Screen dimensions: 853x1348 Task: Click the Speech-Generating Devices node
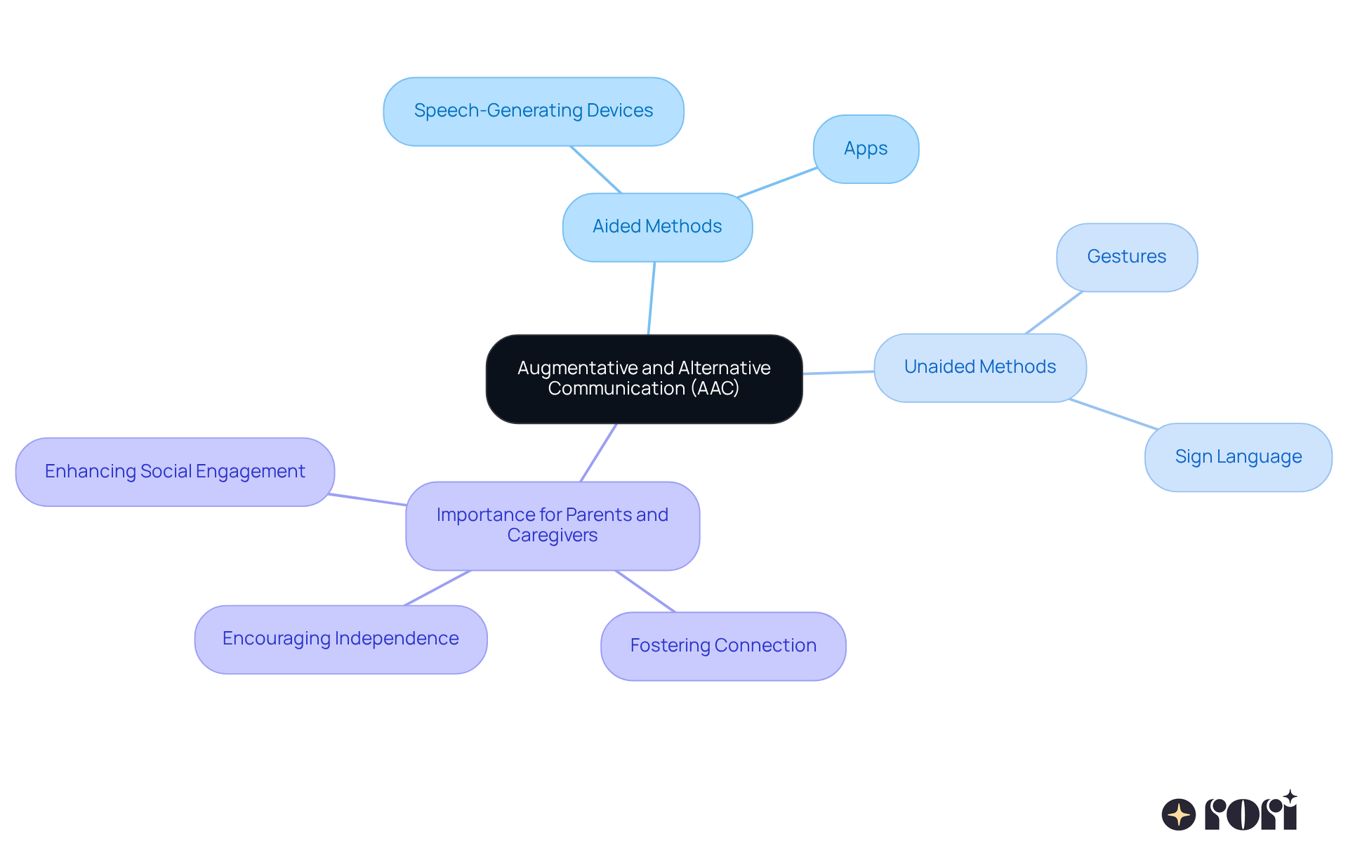[x=534, y=112]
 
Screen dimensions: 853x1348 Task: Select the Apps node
[x=866, y=149]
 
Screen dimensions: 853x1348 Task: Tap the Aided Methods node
[x=657, y=227]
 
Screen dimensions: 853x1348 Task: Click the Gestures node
[x=1126, y=257]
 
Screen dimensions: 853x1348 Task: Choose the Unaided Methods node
[x=979, y=367]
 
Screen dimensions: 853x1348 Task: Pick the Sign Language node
[x=1238, y=457]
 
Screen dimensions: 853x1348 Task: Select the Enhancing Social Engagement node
[x=175, y=472]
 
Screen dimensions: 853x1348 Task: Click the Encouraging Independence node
[x=341, y=639]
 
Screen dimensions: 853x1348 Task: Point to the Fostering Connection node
[x=723, y=646]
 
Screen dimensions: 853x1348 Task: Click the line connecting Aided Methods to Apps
[x=777, y=183]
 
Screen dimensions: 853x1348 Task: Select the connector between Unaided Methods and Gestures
[x=1054, y=312]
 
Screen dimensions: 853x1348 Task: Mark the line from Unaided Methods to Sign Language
[x=1114, y=414]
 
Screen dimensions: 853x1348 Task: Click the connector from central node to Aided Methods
[x=652, y=298]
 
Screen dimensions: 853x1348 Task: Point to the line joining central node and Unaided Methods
[x=838, y=372]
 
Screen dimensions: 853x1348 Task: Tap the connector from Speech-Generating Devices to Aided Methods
[x=595, y=169]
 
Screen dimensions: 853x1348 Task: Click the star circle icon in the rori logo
[x=1178, y=814]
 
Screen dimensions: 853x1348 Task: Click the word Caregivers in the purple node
[x=553, y=536]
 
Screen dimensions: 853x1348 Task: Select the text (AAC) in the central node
[x=715, y=388]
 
